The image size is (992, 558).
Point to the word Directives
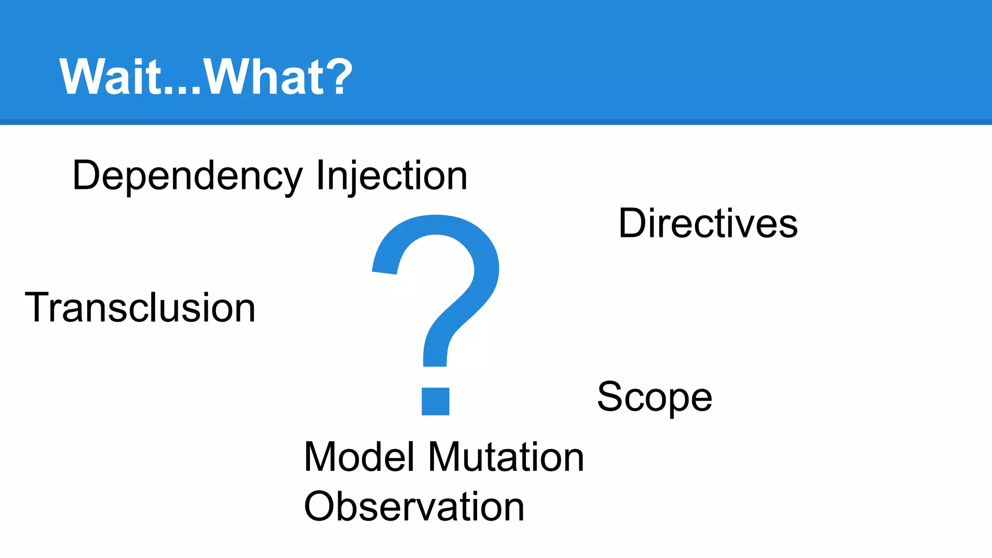708,224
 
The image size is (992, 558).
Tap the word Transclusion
140,308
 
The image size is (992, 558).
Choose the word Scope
654,397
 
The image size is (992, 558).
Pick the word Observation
414,507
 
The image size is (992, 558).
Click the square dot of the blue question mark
435,402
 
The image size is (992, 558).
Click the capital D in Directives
634,223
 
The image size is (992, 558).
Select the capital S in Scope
611,397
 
